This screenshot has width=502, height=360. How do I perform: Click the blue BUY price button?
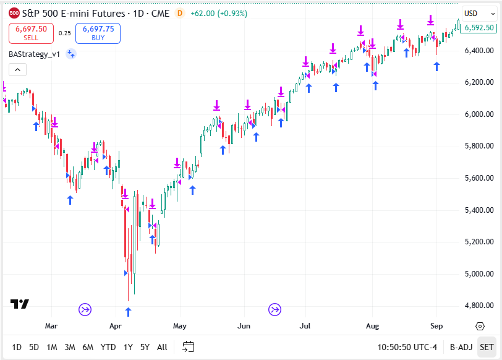(98, 33)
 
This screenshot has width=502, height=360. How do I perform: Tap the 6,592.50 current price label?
(479, 27)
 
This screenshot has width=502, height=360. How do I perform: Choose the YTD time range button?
(108, 347)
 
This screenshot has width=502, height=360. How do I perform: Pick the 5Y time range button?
(145, 347)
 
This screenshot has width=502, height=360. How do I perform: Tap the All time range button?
(162, 347)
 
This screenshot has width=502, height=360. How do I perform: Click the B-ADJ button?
(461, 347)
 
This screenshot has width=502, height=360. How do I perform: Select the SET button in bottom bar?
(487, 347)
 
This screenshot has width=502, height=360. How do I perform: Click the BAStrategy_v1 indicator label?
(35, 54)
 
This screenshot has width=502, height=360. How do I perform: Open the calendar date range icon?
(189, 347)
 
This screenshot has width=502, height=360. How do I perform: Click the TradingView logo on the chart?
(20, 304)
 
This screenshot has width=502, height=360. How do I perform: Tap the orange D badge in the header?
(179, 13)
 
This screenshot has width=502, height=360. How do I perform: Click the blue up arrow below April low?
(129, 312)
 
